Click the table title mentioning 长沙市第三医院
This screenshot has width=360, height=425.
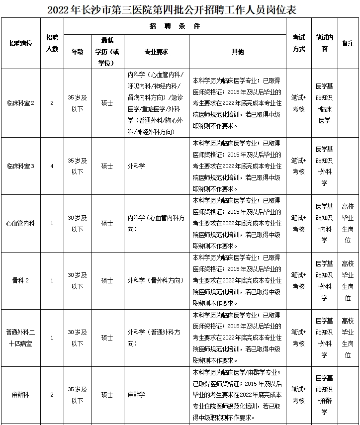[180, 9]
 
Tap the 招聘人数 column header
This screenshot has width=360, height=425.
[52, 44]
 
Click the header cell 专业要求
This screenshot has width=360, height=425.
[156, 51]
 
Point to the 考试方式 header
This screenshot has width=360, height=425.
[298, 44]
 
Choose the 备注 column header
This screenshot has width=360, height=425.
[348, 44]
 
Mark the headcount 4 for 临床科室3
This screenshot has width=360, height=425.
[52, 166]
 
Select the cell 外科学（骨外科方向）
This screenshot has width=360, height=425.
[156, 280]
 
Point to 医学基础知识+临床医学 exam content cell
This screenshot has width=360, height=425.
[324, 103]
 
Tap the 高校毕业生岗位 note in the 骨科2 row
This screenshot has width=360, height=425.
[348, 280]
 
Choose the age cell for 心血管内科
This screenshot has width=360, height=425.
[77, 224]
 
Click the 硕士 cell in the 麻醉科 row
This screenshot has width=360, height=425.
[107, 395]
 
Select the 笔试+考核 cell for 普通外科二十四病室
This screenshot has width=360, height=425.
[298, 338]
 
